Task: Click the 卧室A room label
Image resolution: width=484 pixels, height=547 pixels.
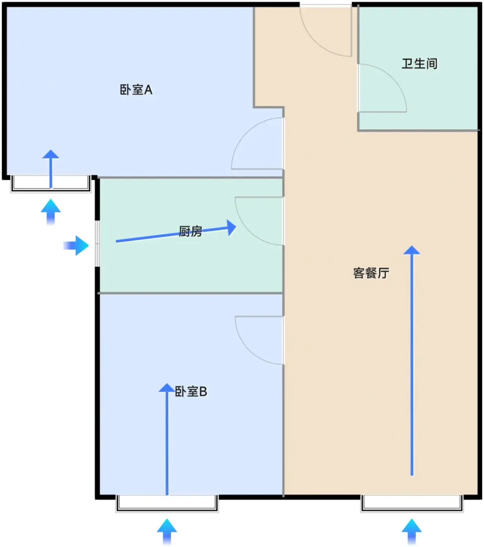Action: coord(136,90)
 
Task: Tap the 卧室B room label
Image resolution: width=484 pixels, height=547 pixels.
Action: coord(191,391)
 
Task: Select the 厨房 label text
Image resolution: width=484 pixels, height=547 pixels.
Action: coord(190,231)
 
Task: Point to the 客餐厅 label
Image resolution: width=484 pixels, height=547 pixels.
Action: coord(371,273)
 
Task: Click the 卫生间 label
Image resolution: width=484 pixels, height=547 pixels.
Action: coord(419,64)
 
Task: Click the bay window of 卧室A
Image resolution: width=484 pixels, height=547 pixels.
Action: coord(51,184)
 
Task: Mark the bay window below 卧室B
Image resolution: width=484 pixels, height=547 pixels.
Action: coord(167,504)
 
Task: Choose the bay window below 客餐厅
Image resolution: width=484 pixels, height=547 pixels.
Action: coord(412,504)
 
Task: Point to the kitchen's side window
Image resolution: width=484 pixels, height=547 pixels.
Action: coord(97,243)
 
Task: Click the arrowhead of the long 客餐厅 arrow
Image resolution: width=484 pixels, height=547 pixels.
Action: coord(412,250)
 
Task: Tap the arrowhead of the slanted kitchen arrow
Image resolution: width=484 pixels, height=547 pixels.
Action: coord(231,228)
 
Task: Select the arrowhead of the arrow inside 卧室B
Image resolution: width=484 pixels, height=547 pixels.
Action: coord(167,388)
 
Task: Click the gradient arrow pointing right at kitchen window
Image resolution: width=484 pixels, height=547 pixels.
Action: coord(76,245)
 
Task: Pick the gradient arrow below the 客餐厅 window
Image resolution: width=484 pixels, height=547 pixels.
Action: coord(412,531)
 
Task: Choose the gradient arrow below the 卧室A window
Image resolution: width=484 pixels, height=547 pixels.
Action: coord(51,212)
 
